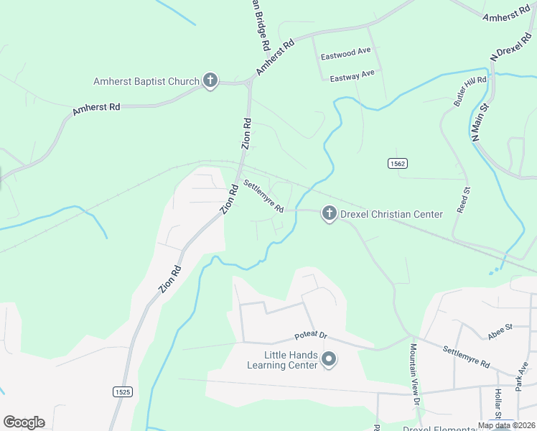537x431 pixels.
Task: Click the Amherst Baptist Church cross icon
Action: tap(210, 80)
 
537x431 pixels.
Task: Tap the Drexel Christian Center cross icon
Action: tap(329, 213)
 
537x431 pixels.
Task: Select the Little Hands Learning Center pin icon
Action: tap(329, 359)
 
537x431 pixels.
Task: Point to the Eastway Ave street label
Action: tap(352, 74)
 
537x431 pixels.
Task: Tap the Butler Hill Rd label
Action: tap(470, 92)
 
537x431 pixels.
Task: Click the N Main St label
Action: tap(479, 121)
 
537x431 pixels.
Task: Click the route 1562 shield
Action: tap(398, 164)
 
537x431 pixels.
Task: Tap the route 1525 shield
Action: tap(122, 391)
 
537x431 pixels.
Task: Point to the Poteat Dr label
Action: tap(310, 336)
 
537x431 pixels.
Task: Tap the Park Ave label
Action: tap(522, 379)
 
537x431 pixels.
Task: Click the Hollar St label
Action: tap(497, 404)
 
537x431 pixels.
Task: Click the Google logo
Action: tap(24, 422)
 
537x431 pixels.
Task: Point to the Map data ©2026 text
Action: tap(505, 425)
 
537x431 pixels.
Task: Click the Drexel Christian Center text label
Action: tap(391, 213)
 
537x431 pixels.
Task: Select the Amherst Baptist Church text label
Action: tap(146, 81)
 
